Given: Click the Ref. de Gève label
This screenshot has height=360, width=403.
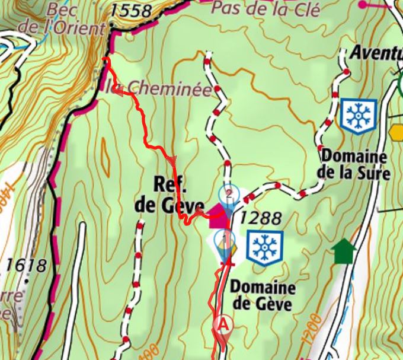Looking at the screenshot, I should coord(161,195).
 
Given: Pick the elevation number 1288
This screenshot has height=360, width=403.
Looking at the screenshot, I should coord(262,218).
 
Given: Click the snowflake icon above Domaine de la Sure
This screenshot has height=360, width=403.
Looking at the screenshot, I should coord(359,116).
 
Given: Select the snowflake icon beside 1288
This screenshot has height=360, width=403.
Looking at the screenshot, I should coord(265,248).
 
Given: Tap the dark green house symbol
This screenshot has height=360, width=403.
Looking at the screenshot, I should coord(344,252).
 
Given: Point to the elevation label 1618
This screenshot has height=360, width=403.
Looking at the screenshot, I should coord(24,265).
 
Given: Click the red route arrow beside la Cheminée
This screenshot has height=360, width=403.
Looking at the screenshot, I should coord(118,91).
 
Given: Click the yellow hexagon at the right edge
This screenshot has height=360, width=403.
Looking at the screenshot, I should coord(397,132).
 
